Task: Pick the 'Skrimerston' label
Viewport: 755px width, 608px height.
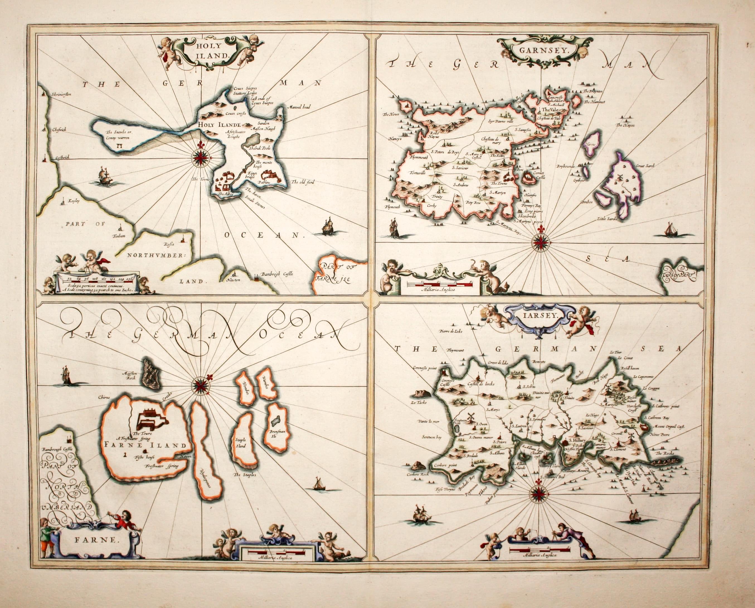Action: tap(62, 95)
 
